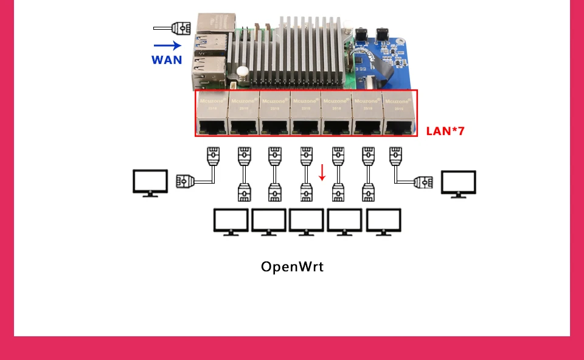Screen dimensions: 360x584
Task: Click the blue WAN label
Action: (167, 60)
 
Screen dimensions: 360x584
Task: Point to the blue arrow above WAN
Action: (168, 45)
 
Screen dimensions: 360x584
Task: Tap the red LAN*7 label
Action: (445, 130)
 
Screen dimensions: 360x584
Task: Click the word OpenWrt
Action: (292, 266)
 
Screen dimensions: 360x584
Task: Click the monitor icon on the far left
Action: (150, 182)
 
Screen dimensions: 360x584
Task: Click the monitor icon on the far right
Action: (459, 183)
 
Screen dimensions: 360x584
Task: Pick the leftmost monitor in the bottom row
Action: (231, 222)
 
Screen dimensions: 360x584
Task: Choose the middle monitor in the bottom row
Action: (307, 222)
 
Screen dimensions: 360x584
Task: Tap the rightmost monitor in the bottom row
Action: (383, 222)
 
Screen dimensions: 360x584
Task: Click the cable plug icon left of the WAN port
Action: (181, 27)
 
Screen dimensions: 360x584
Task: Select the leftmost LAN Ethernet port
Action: (212, 127)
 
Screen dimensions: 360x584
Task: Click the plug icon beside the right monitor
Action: (423, 181)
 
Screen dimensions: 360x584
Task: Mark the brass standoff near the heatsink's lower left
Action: (243, 73)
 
